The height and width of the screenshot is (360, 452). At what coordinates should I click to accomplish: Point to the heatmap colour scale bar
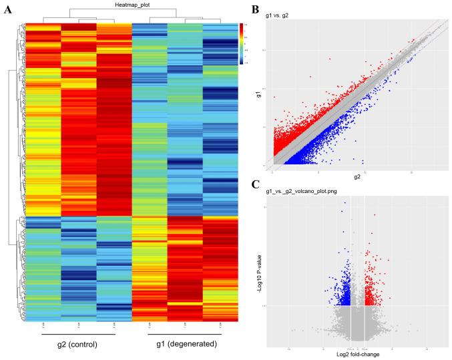pos(242,44)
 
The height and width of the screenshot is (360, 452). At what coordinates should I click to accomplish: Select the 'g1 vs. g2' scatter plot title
pos(282,14)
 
